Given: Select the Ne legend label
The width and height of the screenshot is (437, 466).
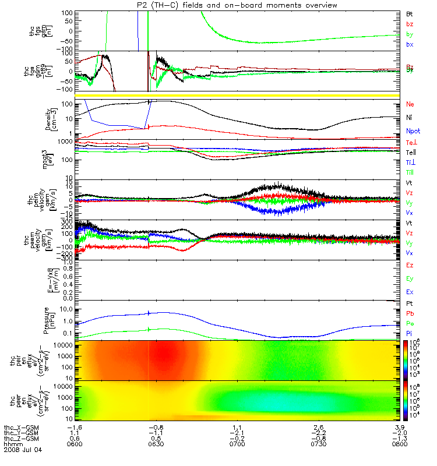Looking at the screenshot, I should click(410, 104).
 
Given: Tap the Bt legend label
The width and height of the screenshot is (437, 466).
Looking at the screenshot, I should click(410, 13).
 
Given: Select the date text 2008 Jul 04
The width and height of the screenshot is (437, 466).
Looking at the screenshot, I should click(23, 450).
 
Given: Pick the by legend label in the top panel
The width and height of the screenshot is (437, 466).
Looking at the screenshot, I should click(410, 34).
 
